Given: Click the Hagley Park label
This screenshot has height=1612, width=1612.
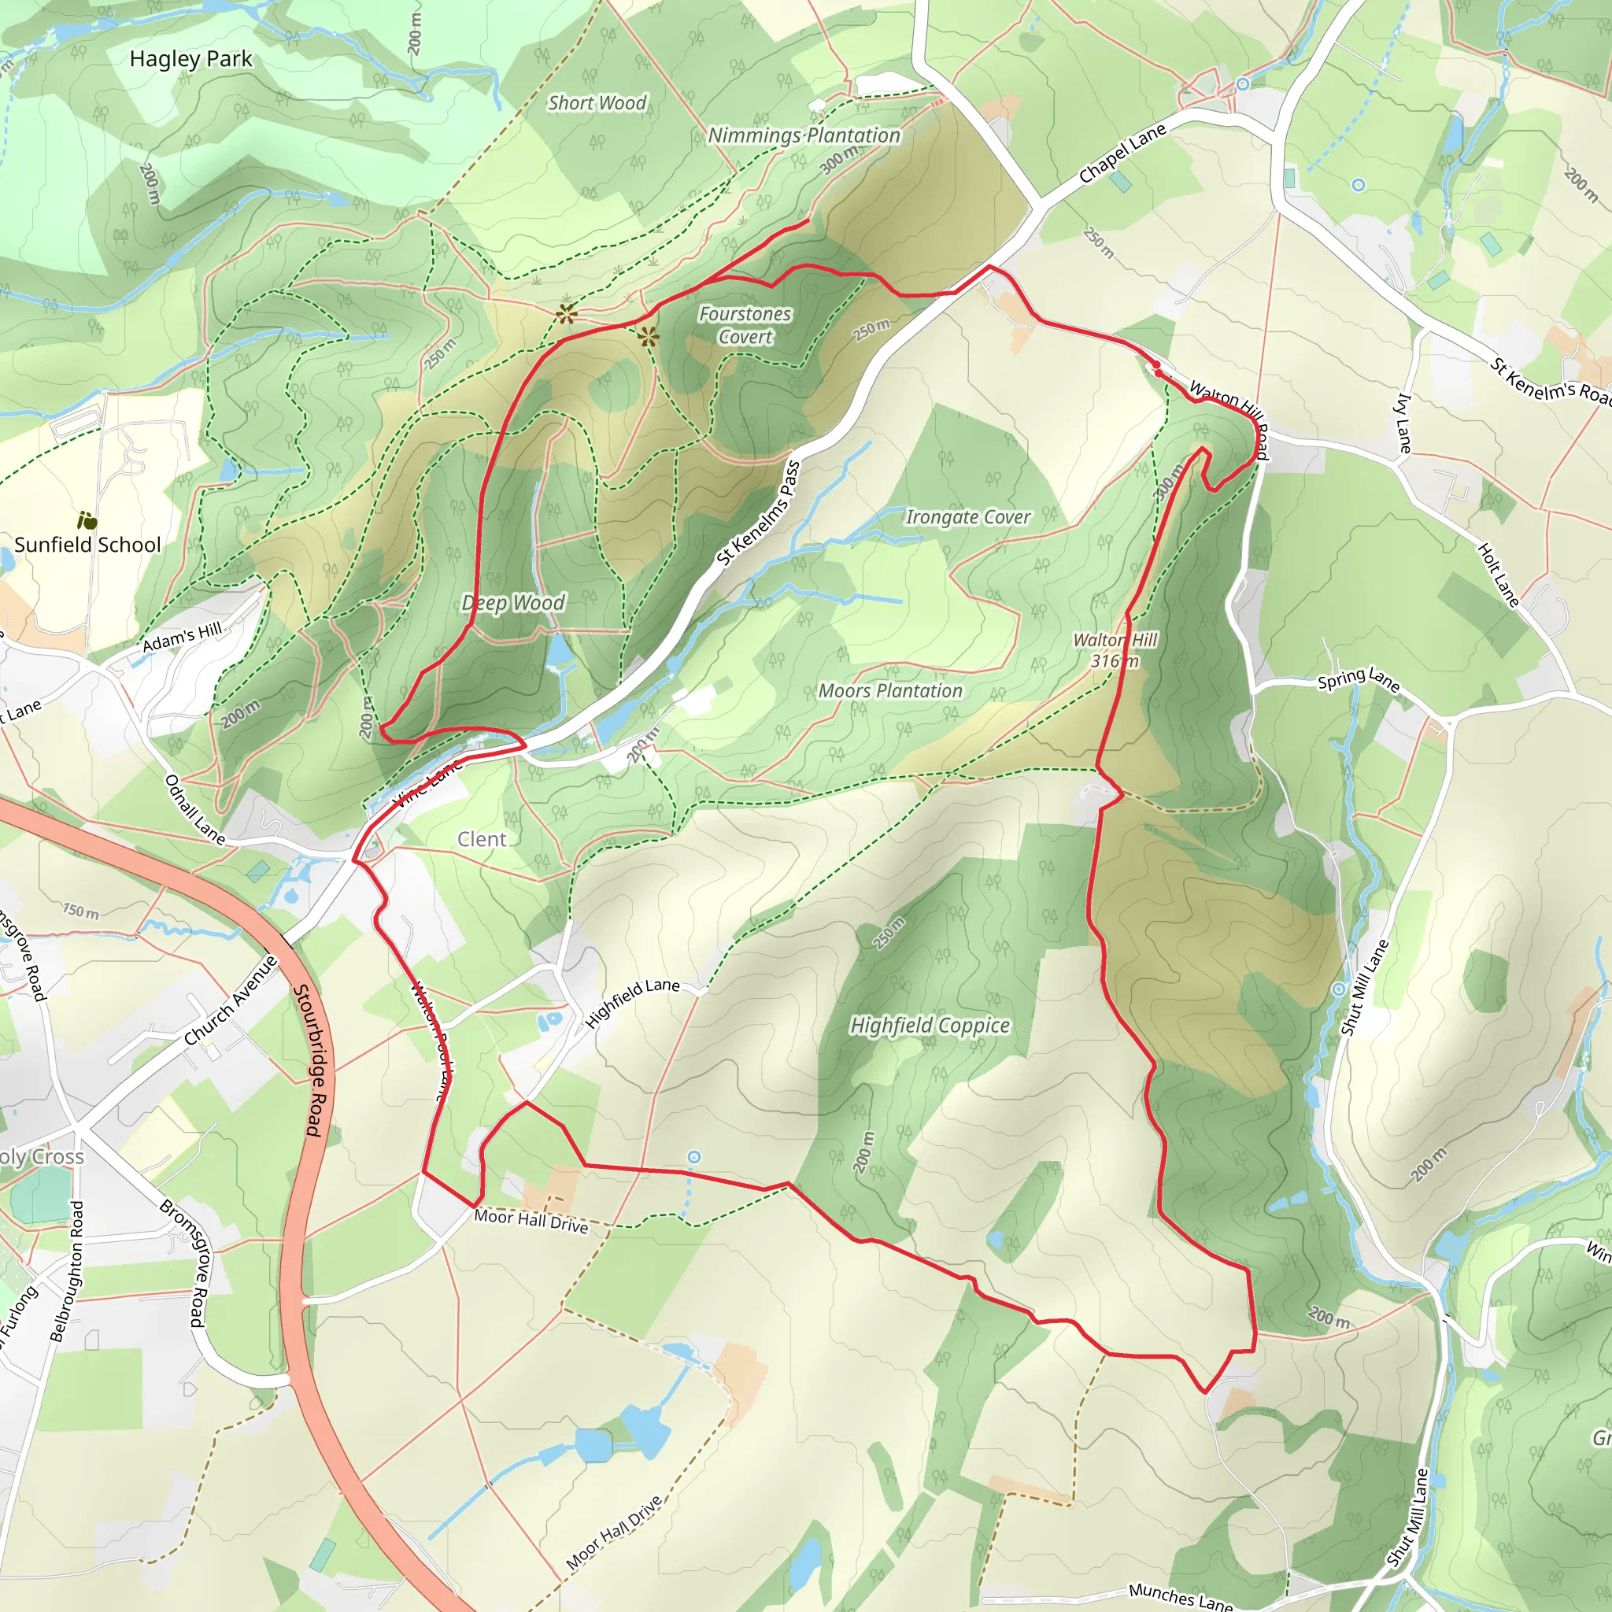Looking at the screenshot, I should pyautogui.click(x=190, y=59).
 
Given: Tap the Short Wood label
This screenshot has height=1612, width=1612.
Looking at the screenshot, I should pyautogui.click(x=597, y=102).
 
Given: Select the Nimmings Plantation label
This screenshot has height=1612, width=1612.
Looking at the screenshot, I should pyautogui.click(x=804, y=135).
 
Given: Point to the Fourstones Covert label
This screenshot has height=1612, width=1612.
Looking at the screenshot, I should pyautogui.click(x=745, y=325).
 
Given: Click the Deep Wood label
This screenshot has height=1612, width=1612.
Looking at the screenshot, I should pyautogui.click(x=513, y=602).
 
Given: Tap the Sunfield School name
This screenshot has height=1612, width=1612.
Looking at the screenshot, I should pyautogui.click(x=87, y=545).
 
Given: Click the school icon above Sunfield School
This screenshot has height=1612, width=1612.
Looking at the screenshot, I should pyautogui.click(x=87, y=520).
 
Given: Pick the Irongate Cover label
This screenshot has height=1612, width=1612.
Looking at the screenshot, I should pyautogui.click(x=968, y=517).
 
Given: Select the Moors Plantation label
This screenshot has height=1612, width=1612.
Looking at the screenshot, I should pyautogui.click(x=890, y=691).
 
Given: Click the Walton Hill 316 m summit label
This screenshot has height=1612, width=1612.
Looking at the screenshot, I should pyautogui.click(x=1115, y=650).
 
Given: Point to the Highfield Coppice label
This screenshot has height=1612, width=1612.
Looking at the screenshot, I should pyautogui.click(x=930, y=1026).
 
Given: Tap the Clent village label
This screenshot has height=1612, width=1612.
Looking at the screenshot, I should pyautogui.click(x=482, y=839).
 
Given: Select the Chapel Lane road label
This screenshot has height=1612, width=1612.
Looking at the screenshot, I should pyautogui.click(x=1122, y=154).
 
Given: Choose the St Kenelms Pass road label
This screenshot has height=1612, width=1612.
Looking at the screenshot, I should pyautogui.click(x=759, y=514).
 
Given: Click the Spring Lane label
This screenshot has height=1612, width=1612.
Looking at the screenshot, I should pyautogui.click(x=1358, y=680).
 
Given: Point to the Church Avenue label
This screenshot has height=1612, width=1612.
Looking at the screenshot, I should pyautogui.click(x=231, y=1000).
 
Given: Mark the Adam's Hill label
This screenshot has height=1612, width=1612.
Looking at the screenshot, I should pyautogui.click(x=182, y=638).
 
